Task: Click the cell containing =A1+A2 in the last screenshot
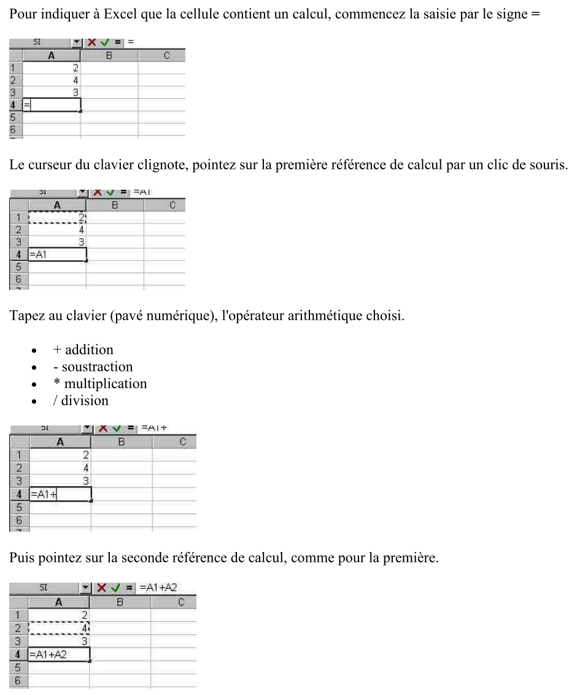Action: tap(59, 654)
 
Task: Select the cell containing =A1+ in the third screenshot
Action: tap(60, 494)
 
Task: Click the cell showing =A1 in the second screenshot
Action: tap(57, 254)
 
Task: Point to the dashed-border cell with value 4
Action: tap(59, 628)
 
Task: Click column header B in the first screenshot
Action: tap(109, 56)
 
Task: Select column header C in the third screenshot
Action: tap(182, 441)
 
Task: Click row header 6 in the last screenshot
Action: tap(18, 680)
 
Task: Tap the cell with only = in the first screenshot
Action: tap(52, 104)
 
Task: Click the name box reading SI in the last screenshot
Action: tap(44, 587)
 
